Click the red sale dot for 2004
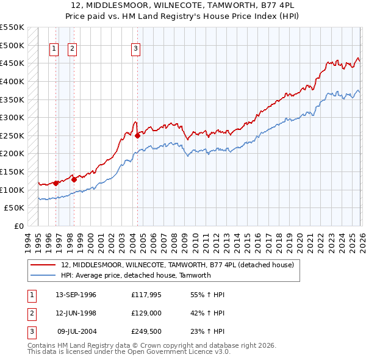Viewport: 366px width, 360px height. point(137,135)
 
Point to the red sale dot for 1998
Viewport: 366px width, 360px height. point(74,179)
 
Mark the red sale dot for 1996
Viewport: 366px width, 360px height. point(56,183)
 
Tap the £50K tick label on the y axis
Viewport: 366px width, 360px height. point(15,208)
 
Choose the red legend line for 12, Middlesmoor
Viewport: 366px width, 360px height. point(43,265)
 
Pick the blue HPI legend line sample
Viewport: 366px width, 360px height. point(43,275)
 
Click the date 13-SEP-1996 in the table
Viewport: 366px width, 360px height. point(76,295)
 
